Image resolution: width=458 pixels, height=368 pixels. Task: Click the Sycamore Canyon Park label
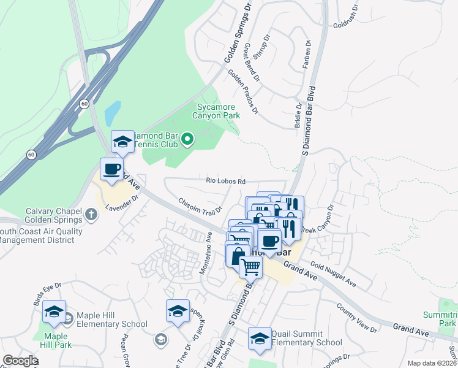(x=215, y=111)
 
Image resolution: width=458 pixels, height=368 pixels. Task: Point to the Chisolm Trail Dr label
(x=199, y=203)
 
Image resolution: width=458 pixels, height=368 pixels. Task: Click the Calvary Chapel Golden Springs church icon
(x=91, y=215)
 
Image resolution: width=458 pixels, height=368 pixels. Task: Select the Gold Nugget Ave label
(x=333, y=274)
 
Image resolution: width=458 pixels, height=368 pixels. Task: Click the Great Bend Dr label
(x=252, y=62)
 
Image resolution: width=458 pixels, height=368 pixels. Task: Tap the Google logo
(x=20, y=361)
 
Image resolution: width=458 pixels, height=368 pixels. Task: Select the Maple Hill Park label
(x=56, y=340)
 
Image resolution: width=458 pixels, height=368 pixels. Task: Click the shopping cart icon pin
(x=250, y=267)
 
